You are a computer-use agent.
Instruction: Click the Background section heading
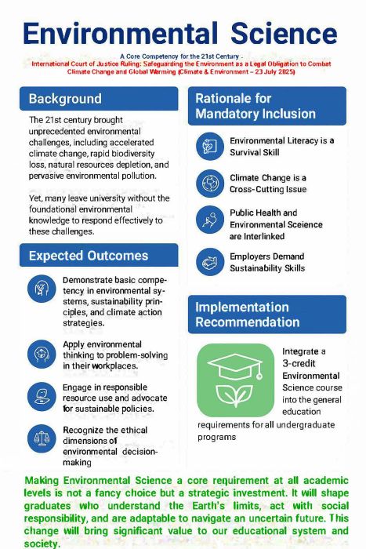coord(65,99)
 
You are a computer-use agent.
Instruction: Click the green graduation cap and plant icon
coord(235,380)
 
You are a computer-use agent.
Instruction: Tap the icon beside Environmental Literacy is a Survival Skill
coord(209,146)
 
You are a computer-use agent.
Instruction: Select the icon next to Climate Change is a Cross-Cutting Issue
coord(209,184)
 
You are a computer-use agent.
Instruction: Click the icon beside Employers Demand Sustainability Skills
coord(209,261)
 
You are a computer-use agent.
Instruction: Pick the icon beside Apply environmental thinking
coord(41,354)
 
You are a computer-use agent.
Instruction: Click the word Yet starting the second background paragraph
coord(37,198)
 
